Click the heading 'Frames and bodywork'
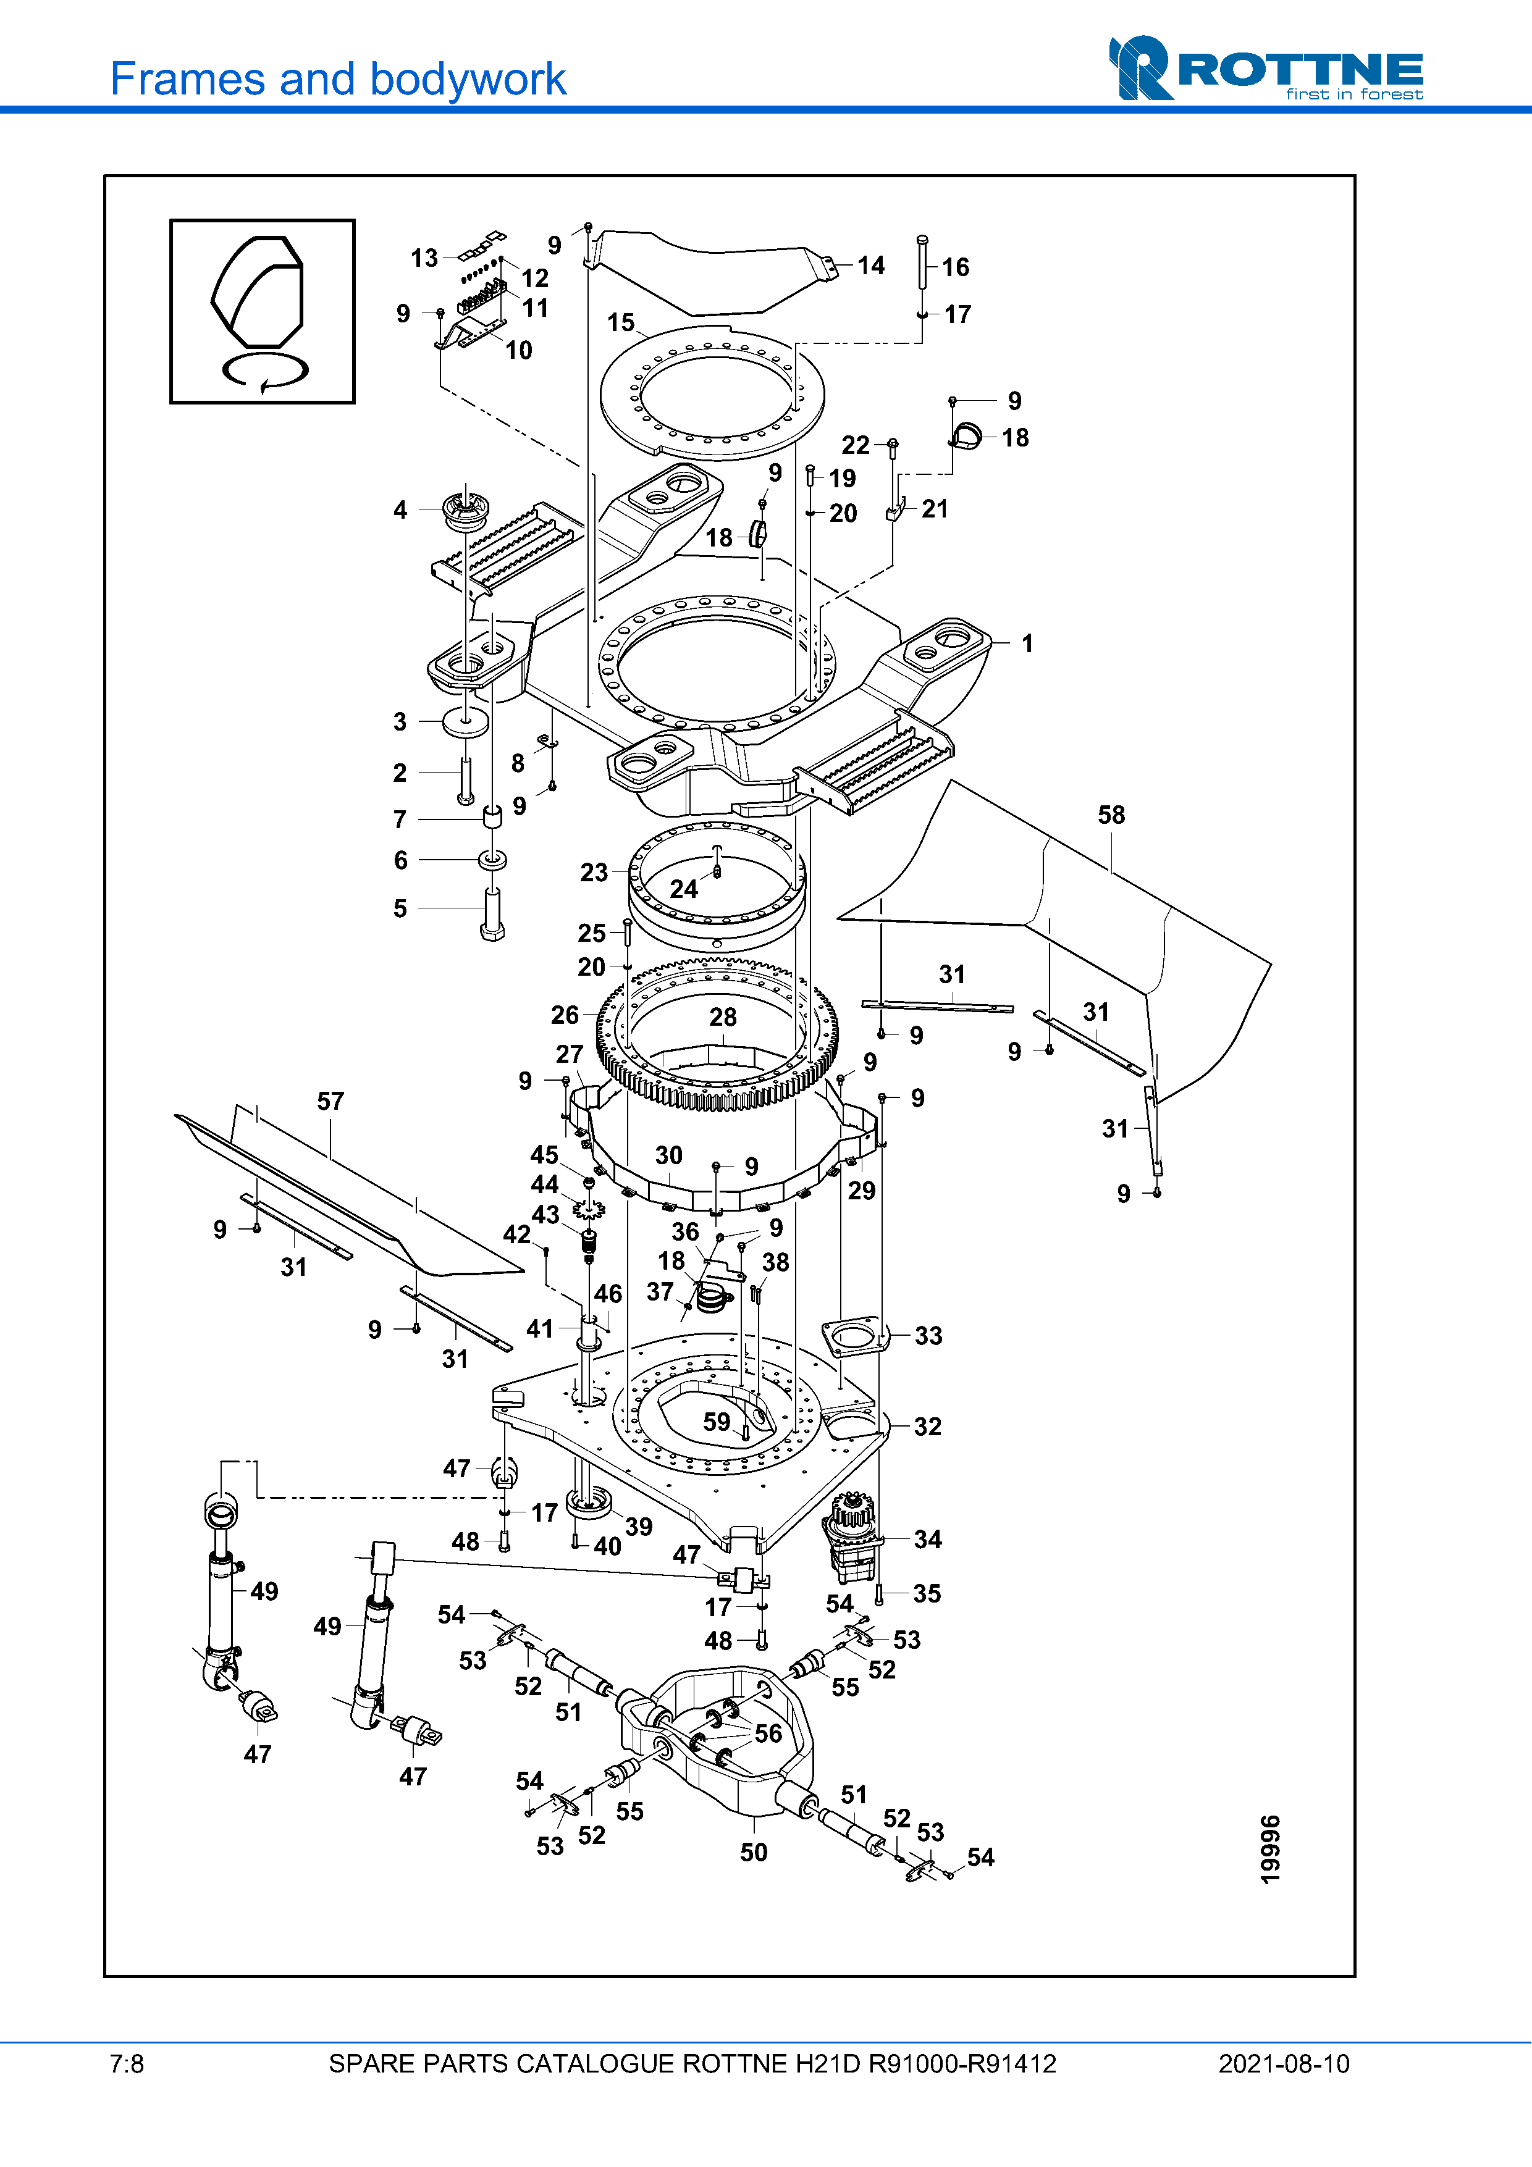point(338,79)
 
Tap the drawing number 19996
point(1271,1849)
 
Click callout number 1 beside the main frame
point(1027,643)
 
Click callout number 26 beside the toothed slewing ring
point(565,1015)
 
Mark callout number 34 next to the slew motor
point(927,1540)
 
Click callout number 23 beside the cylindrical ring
point(594,872)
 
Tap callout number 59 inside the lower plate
point(717,1422)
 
